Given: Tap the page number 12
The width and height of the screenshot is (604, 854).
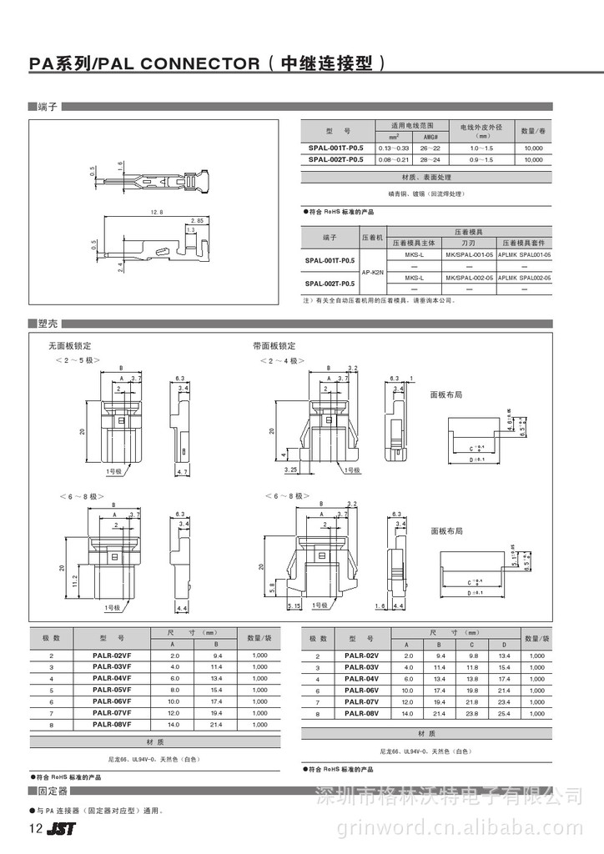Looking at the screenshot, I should [35, 829].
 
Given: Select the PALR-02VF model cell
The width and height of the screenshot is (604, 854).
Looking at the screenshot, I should [113, 656].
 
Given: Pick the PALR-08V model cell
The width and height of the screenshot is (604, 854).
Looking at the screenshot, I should [361, 714].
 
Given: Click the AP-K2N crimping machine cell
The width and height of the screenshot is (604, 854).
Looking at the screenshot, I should [372, 272].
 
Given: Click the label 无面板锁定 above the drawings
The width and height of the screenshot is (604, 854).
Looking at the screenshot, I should [68, 345].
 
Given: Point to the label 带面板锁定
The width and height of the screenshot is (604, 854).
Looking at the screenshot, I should [274, 345].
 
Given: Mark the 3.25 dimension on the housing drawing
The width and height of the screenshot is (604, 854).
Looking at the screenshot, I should [290, 470].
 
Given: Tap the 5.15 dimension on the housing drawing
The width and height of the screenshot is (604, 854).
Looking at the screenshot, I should [294, 605].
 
